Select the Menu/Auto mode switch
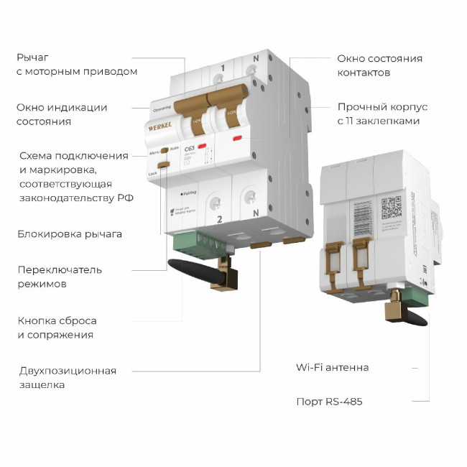pos(165,151)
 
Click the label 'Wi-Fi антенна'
pos(332,367)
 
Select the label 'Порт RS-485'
pos(329,402)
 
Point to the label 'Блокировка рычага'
pos(70,234)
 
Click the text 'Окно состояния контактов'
pos(379,65)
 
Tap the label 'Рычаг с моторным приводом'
pos(77,64)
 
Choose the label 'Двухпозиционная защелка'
pos(68,377)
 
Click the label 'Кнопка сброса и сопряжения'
pos(57,327)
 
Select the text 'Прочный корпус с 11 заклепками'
pos(382,114)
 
